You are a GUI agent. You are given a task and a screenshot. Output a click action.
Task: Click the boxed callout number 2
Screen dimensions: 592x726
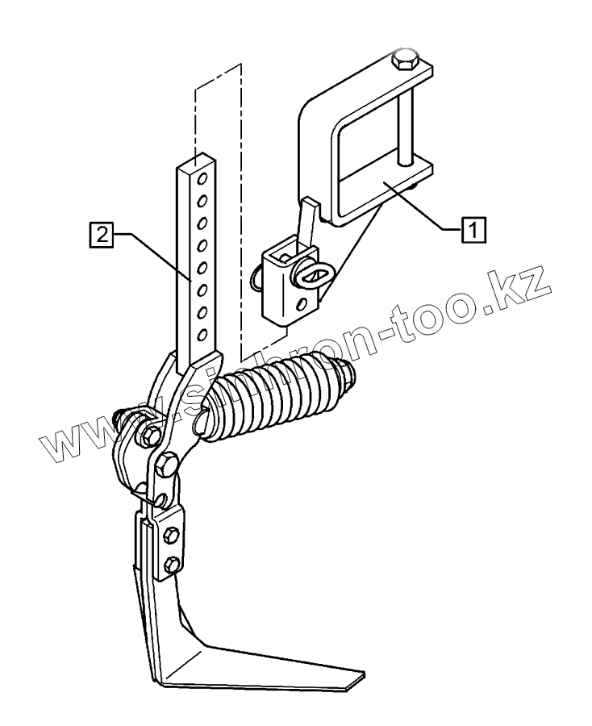click(102, 236)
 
